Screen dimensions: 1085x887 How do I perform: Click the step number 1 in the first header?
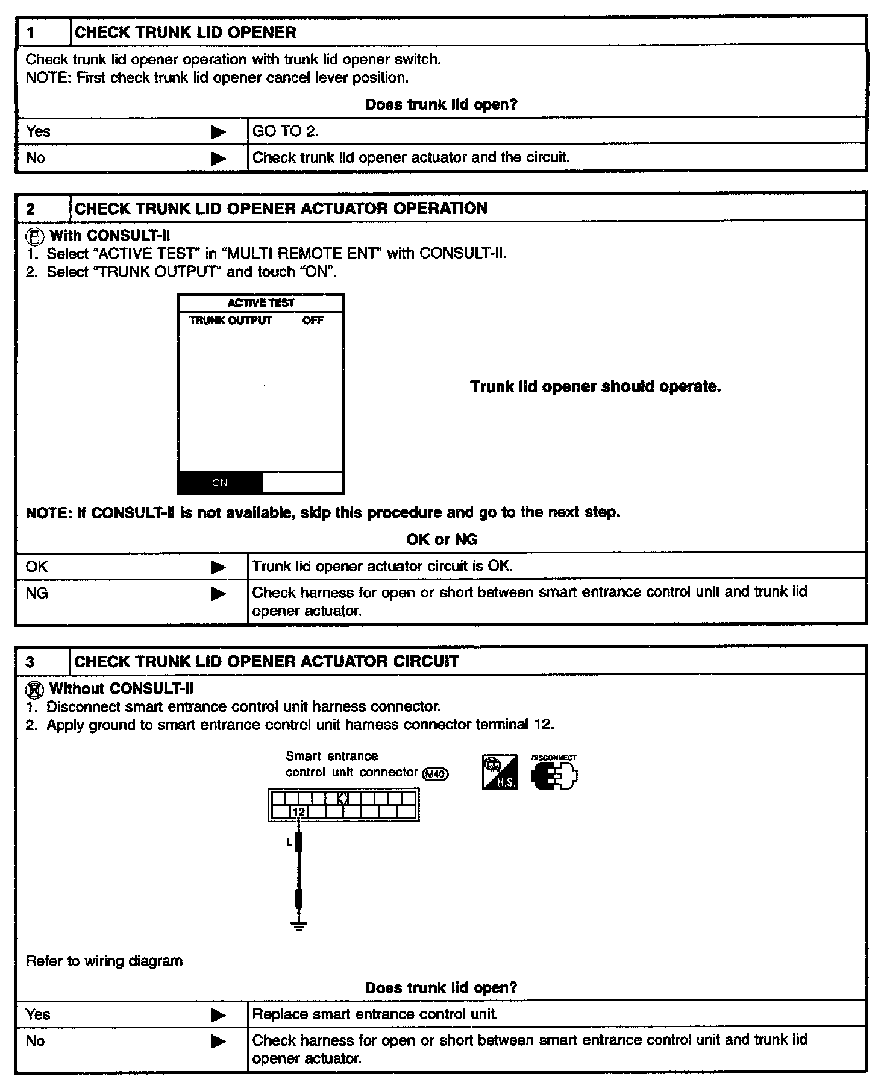coord(31,33)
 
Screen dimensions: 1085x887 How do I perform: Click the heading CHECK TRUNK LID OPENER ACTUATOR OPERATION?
coord(281,209)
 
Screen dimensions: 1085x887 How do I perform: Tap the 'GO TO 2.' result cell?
coord(286,131)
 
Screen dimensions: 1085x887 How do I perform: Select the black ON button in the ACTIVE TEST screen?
coord(221,483)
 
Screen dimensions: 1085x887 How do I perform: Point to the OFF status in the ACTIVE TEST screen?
coord(313,321)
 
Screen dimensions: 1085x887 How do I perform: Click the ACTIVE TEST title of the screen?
coord(261,303)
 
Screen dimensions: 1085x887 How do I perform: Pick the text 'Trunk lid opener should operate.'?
coord(595,387)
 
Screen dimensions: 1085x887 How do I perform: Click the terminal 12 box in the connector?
coord(299,812)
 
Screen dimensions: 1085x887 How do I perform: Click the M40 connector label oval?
coord(436,773)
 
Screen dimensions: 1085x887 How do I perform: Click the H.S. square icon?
coord(500,773)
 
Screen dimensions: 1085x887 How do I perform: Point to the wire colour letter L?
coord(289,842)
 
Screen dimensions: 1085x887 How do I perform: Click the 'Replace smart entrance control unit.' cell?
coord(375,1014)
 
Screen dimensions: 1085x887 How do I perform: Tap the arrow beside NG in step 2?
coord(218,594)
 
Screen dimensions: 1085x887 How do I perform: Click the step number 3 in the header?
coord(31,662)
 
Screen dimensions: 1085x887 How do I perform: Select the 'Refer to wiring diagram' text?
coord(104,961)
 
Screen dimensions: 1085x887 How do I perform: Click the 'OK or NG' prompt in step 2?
coord(442,539)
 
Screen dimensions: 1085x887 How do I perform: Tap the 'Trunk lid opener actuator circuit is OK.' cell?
coord(382,567)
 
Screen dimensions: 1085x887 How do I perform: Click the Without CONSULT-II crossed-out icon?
coord(36,690)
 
